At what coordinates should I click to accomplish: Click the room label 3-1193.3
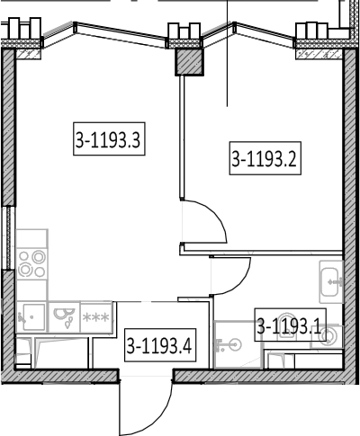click(109, 138)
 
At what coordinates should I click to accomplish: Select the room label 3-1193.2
click(265, 158)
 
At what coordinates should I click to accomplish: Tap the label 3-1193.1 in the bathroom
click(290, 325)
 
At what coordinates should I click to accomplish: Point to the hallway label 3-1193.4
click(160, 345)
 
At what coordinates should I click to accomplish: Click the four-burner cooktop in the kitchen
click(31, 263)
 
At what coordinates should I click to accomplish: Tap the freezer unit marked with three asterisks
click(96, 317)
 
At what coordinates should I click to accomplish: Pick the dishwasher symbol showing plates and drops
click(64, 317)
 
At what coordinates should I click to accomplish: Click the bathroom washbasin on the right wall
click(331, 281)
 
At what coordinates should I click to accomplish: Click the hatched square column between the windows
click(189, 62)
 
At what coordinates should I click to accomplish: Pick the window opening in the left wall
click(7, 237)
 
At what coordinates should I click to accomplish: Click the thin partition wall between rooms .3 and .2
click(182, 137)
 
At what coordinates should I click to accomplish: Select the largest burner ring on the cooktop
click(39, 257)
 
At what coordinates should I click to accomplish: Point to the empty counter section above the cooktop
click(31, 238)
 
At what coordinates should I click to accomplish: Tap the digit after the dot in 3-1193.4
click(186, 345)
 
